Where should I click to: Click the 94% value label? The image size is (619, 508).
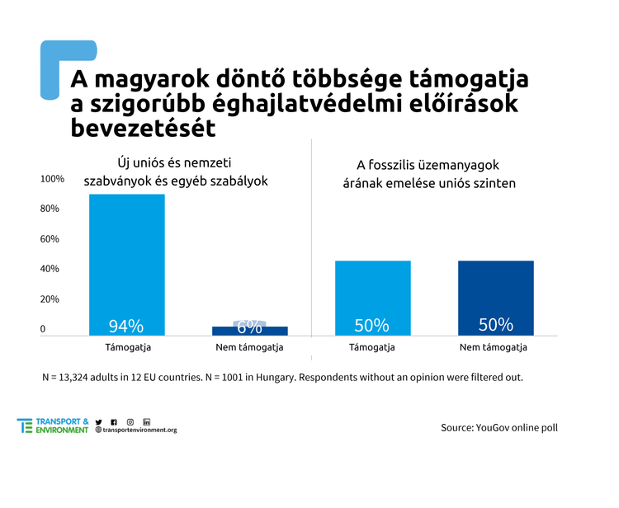click(x=126, y=325)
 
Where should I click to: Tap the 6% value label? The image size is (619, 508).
click(x=249, y=327)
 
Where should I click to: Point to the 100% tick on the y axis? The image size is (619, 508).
click(x=52, y=180)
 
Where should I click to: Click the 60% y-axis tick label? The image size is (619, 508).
click(x=50, y=239)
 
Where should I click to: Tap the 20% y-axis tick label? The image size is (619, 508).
click(x=50, y=299)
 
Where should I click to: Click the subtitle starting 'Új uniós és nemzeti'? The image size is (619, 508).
click(x=176, y=172)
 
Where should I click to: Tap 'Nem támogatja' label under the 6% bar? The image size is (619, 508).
click(x=249, y=347)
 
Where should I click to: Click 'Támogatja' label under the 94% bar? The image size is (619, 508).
click(x=126, y=347)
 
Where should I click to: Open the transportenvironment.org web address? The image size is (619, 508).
click(x=139, y=430)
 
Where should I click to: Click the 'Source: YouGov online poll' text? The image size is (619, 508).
click(x=504, y=428)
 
